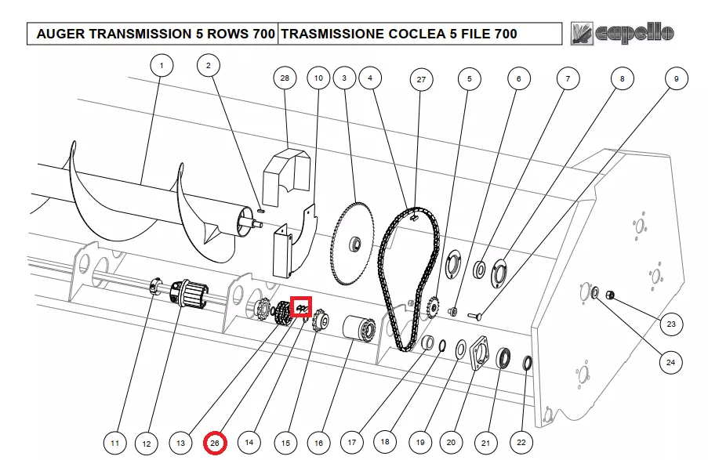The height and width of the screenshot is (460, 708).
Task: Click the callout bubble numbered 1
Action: coord(161,66)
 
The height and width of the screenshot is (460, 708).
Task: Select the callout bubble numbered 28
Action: coord(285,78)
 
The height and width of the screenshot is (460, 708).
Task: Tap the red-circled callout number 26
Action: coord(215,443)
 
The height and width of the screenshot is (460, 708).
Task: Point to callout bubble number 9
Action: coord(676,78)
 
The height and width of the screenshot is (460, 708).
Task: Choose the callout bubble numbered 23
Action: coord(670,324)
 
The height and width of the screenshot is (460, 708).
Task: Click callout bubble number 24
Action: coord(670,362)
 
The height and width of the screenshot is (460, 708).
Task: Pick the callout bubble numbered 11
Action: coord(114,444)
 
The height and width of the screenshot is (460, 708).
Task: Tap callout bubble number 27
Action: coord(421,80)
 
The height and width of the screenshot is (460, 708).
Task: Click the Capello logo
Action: coord(623,32)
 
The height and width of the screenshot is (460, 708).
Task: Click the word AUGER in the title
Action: coord(60,34)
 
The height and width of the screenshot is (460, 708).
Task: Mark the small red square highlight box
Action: coord(301,308)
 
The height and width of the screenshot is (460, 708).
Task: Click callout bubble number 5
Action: coord(469,78)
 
